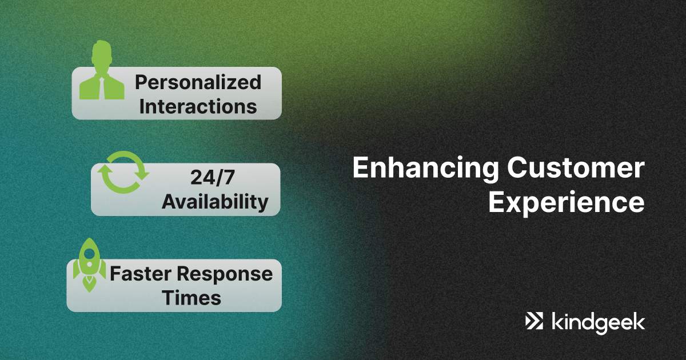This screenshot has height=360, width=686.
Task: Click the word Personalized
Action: point(198,83)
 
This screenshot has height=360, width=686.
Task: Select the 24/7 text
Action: point(213,178)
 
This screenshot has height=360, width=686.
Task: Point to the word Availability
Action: point(215,202)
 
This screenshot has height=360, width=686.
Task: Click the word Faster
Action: point(141,273)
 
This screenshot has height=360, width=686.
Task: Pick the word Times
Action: point(192,298)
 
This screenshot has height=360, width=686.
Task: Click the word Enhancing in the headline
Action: point(425,169)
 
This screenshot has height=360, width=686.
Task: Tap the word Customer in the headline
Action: point(576,167)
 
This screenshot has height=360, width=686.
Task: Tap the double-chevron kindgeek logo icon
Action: point(534,321)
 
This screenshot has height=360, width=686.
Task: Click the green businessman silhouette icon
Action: point(102,70)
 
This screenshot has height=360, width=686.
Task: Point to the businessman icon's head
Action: point(102,55)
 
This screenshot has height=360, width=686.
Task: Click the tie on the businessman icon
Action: point(102,88)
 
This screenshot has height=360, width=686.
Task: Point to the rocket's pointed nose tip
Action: point(89,238)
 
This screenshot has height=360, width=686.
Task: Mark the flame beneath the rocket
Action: point(89,284)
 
